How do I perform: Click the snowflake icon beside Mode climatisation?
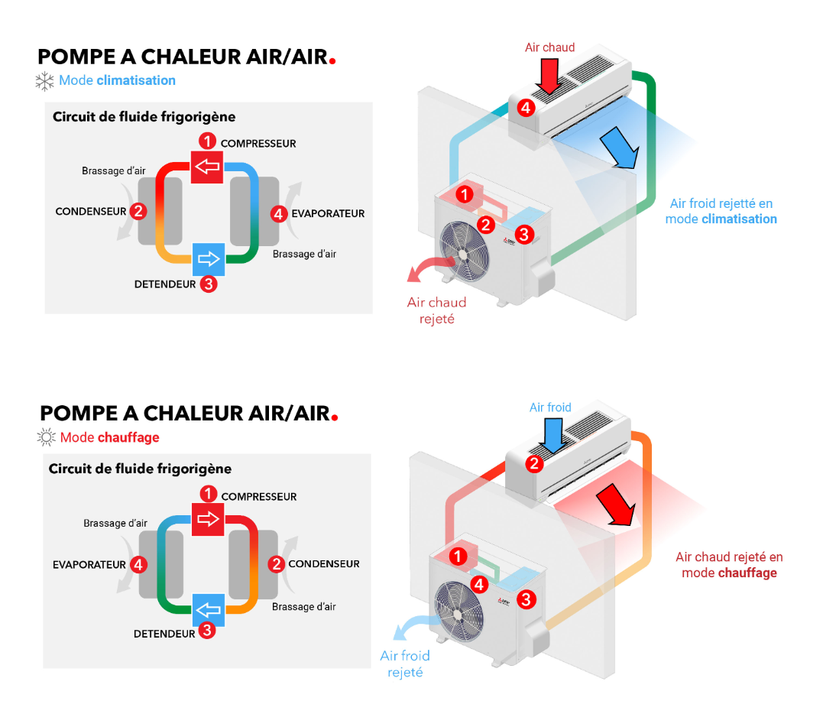(x=45, y=81)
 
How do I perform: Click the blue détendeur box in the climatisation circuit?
(x=208, y=258)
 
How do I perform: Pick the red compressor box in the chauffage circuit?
(x=207, y=519)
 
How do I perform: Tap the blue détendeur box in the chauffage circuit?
(x=208, y=609)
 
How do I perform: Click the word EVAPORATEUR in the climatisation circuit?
(x=328, y=214)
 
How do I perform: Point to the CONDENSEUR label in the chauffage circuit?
(x=324, y=564)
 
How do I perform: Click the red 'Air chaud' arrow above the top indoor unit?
(x=549, y=76)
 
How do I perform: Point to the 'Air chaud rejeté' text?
(x=436, y=310)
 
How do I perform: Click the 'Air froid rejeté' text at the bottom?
(x=405, y=664)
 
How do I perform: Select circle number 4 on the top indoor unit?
(x=526, y=108)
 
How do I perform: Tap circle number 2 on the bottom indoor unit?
(x=535, y=463)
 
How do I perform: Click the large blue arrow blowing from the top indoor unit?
(x=619, y=147)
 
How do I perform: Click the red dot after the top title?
(x=332, y=60)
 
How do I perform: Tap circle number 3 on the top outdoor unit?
(x=523, y=235)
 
